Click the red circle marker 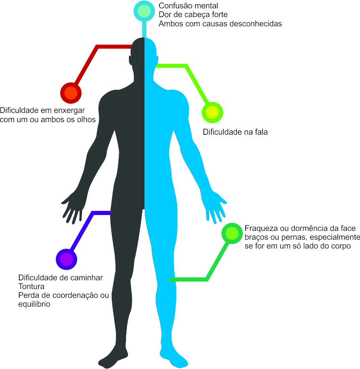pos(71,93)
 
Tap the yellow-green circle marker pos(212,113)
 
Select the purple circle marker pos(67,259)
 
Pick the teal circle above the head pos(144,11)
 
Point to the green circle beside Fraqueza pos(232,233)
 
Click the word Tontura pos(31,287)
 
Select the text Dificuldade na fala pos(235,132)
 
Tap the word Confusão pos(175,6)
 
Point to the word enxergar pos(69,110)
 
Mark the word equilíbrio pos(34,304)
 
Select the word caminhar pos(86,278)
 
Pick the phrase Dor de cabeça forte pos(193,15)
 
